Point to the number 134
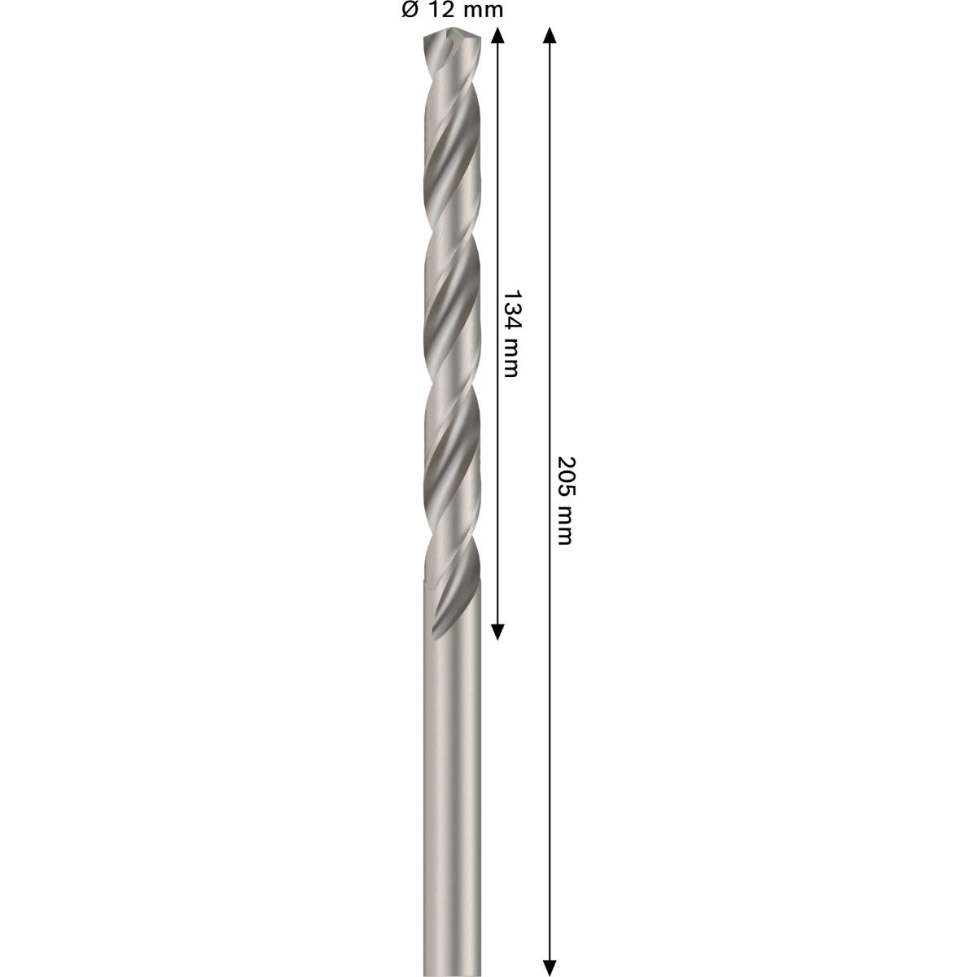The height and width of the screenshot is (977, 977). coord(510,309)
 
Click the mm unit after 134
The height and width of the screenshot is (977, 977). coord(510,358)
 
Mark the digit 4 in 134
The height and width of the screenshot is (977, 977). coord(510,323)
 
